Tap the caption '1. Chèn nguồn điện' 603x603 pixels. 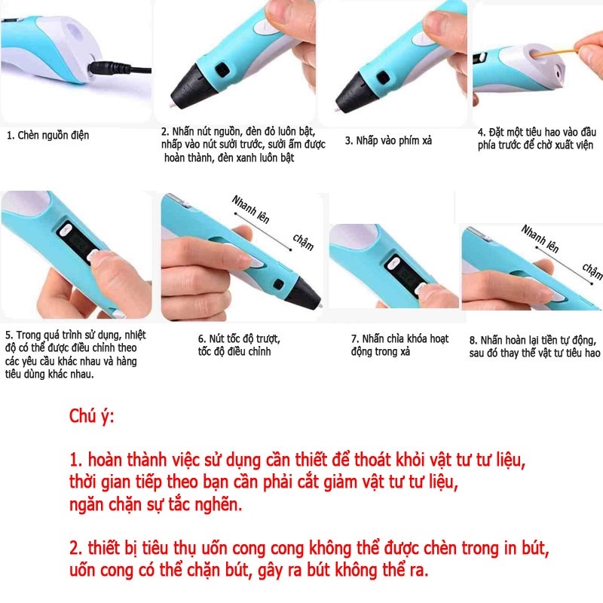point(48,136)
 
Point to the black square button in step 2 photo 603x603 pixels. point(222,69)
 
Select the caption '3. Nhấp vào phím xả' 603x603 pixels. point(388,141)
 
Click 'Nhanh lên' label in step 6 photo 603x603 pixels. point(250,210)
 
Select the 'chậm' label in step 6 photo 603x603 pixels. point(303,242)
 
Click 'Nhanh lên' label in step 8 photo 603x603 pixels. point(540,239)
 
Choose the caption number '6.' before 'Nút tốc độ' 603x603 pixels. point(202,339)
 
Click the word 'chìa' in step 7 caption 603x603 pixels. point(403,338)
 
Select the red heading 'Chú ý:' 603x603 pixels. point(91,417)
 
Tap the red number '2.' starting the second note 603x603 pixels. point(76,548)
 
